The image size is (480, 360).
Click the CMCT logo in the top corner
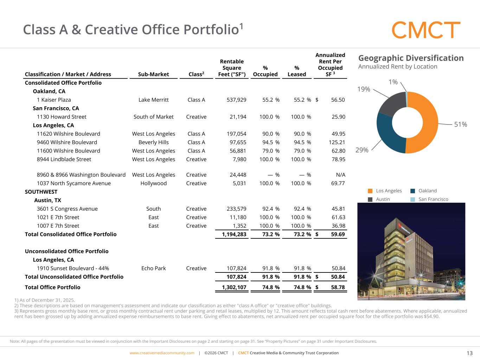pyautogui.click(x=426, y=30)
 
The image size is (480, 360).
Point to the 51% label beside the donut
pyautogui.click(x=460, y=124)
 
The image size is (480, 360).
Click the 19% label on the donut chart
pyautogui.click(x=364, y=89)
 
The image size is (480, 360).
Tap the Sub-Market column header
pyautogui.click(x=153, y=74)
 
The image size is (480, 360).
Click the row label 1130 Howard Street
pyautogui.click(x=62, y=117)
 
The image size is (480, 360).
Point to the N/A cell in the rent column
pyautogui.click(x=340, y=175)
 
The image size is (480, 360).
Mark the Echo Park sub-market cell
pyautogui.click(x=153, y=268)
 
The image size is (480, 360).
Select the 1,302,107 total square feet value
pyautogui.click(x=234, y=287)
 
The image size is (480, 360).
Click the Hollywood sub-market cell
pyautogui.click(x=153, y=183)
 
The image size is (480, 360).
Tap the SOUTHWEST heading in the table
pyautogui.click(x=41, y=192)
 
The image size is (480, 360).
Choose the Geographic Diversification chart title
pyautogui.click(x=411, y=58)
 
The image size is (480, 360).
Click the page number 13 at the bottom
pyautogui.click(x=469, y=353)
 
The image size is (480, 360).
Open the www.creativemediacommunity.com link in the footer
pyautogui.click(x=162, y=353)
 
